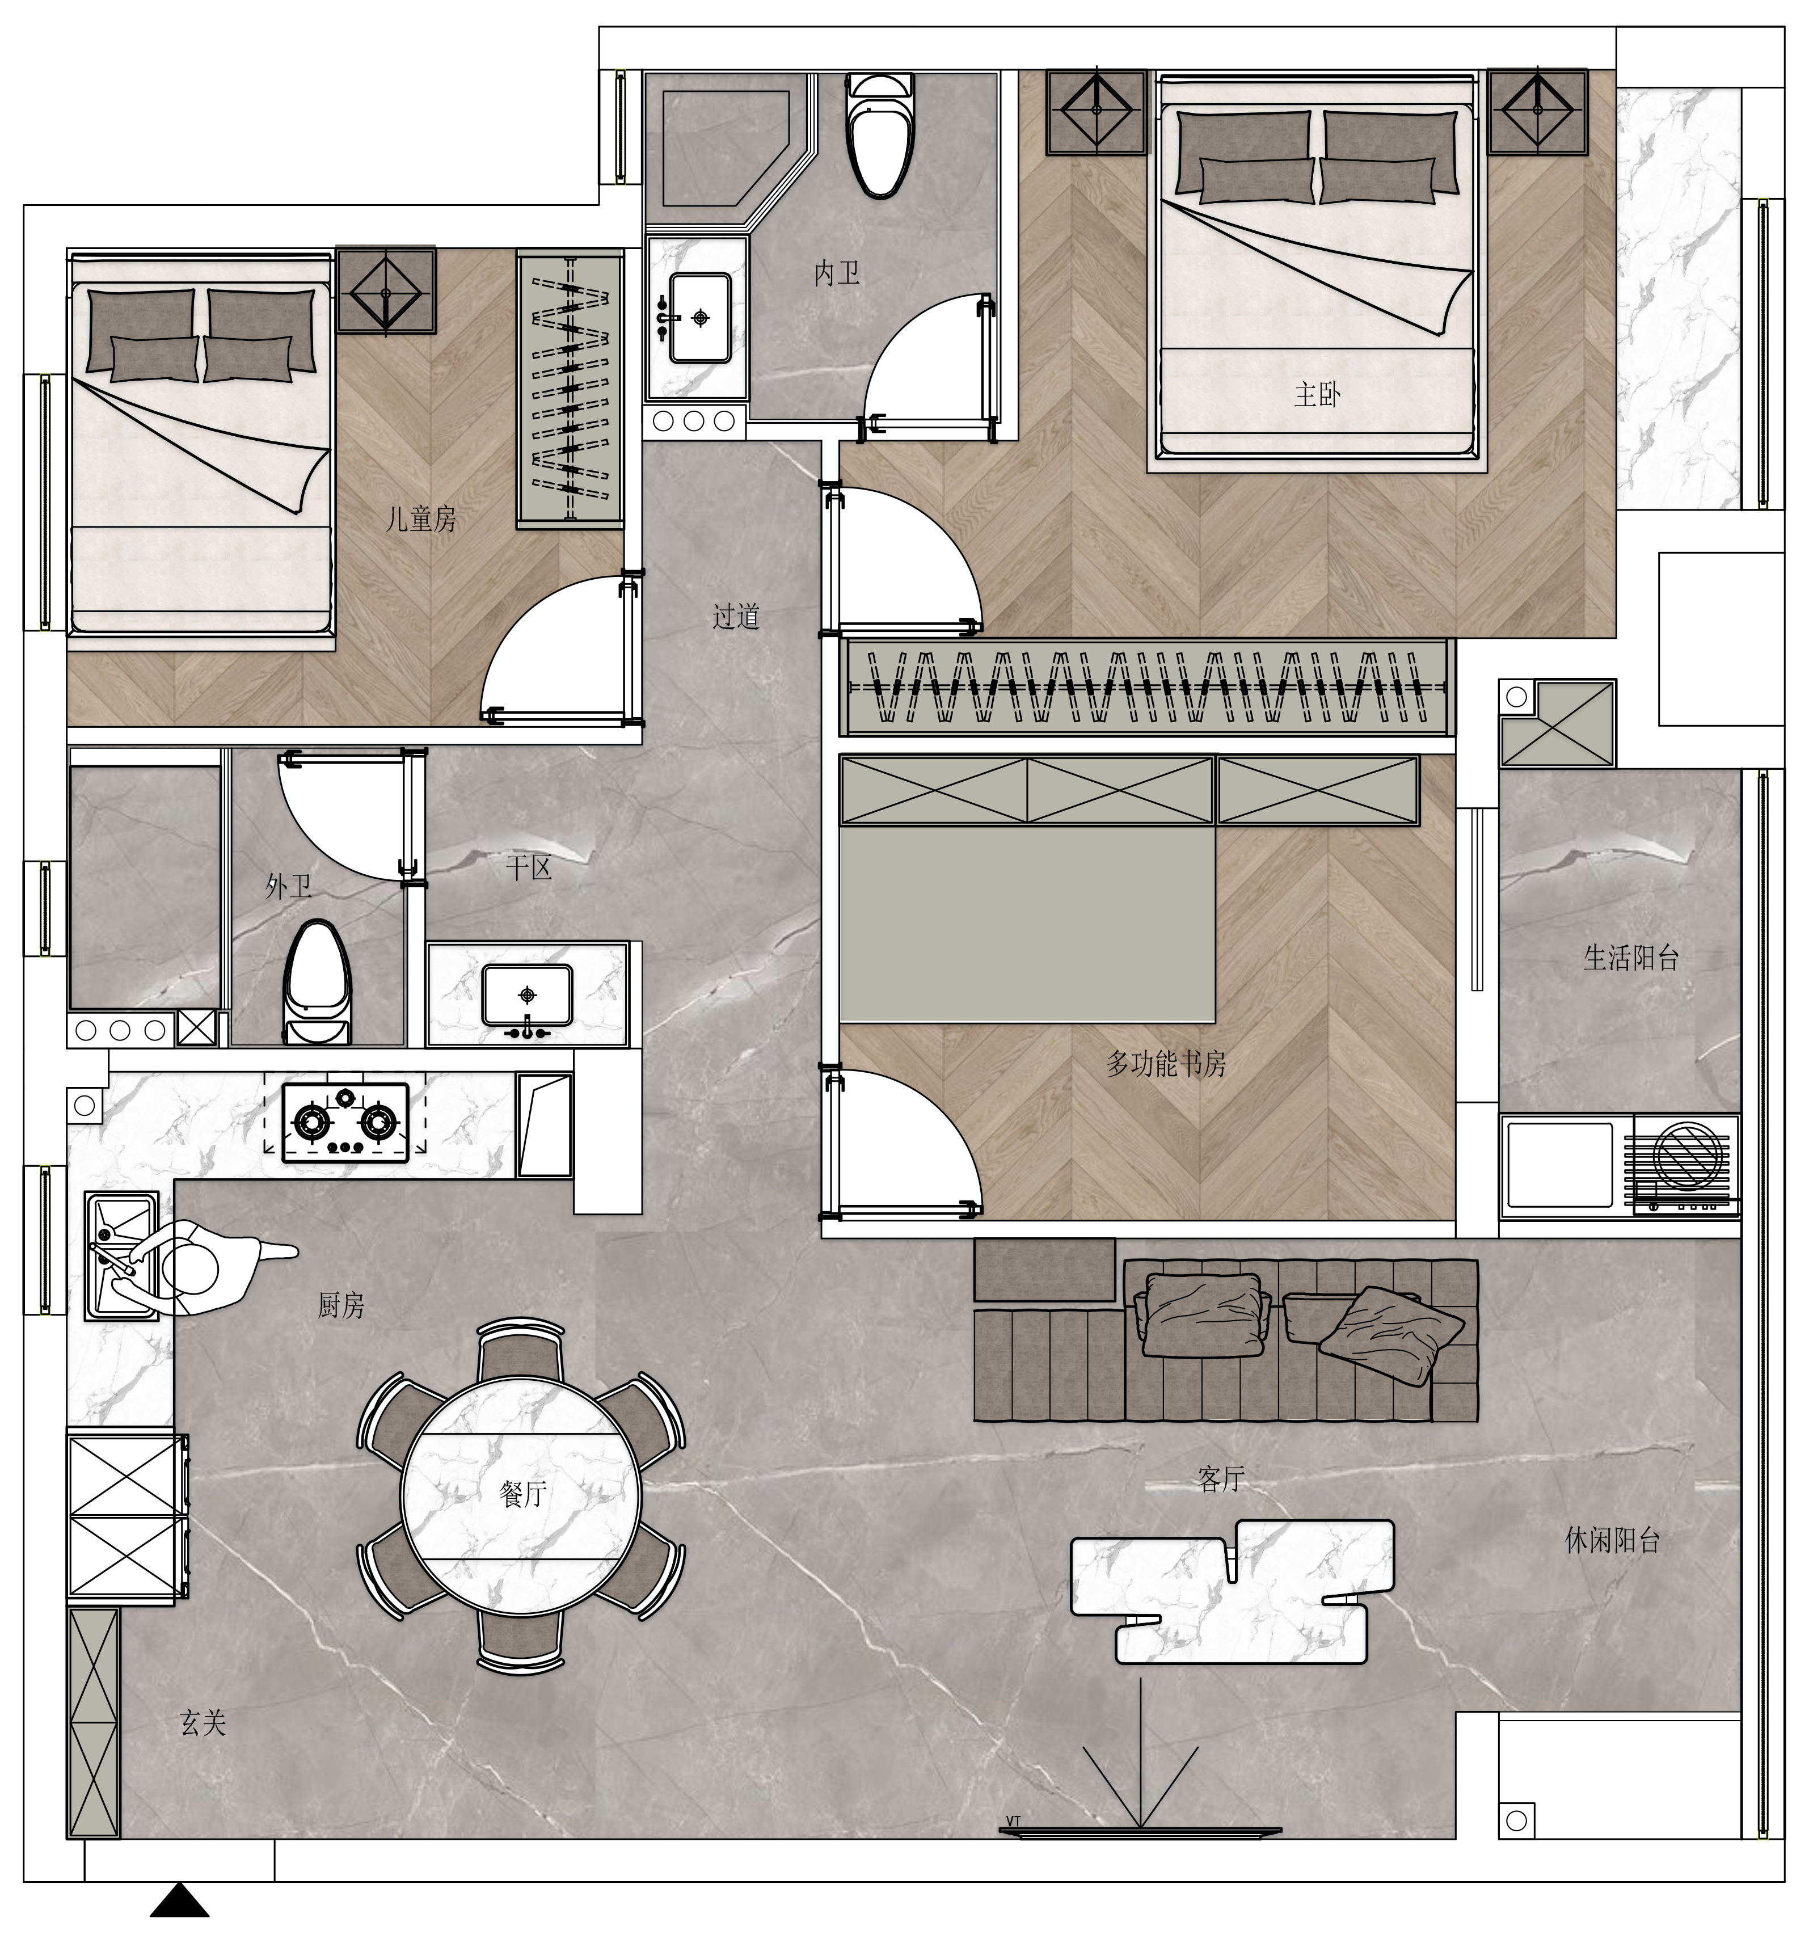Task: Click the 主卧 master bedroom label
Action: coord(1317,395)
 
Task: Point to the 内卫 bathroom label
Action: coord(837,273)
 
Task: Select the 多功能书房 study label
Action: coord(1166,1063)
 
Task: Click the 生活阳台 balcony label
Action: coord(1630,958)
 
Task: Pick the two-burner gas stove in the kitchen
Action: coord(345,1123)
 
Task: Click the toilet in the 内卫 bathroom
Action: coord(880,135)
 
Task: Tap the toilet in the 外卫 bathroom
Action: coord(315,982)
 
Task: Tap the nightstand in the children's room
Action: coord(386,291)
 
